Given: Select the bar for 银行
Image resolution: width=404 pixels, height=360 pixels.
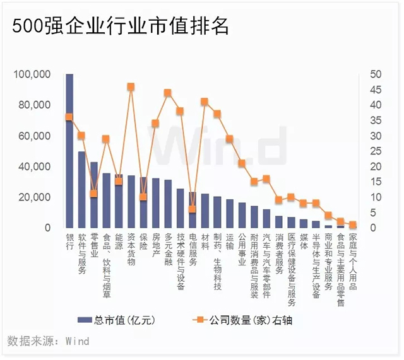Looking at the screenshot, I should (69, 151).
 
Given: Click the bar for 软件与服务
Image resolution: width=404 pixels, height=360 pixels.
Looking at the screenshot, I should (81, 189).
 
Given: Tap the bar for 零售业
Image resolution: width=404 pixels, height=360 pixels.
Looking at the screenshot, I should (94, 195).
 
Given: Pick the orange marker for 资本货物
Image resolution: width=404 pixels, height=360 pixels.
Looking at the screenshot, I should (131, 86).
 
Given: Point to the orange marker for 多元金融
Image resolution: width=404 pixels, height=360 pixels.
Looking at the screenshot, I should (167, 93).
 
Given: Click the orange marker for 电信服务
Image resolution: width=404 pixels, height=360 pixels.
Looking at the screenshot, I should (192, 209).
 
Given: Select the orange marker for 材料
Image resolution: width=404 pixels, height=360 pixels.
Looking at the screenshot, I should (204, 102).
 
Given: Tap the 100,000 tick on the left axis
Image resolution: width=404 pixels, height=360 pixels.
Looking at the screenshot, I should (32, 74).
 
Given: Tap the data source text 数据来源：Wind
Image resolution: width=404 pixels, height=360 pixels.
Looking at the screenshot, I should (49, 341).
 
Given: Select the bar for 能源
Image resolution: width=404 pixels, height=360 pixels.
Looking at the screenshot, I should (119, 202).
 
